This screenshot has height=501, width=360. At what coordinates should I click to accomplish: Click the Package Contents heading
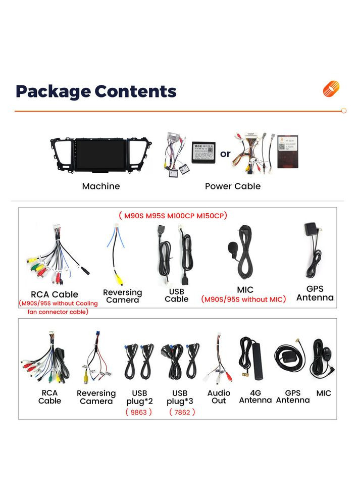(x=96, y=91)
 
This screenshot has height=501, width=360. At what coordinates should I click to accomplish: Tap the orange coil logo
(x=331, y=89)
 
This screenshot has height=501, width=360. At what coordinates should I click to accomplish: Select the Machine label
(x=101, y=186)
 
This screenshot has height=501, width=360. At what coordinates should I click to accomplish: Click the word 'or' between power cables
(x=225, y=153)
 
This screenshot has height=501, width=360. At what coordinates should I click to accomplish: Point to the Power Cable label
(x=233, y=186)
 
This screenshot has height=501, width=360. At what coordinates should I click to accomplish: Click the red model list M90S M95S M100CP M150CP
(x=173, y=216)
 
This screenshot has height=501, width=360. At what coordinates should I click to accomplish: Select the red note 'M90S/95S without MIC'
(x=243, y=299)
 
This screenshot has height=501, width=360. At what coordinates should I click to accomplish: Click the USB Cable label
(x=177, y=295)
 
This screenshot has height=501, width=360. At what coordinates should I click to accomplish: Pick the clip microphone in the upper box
(x=234, y=248)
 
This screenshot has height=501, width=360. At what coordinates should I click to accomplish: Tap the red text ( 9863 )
(x=139, y=412)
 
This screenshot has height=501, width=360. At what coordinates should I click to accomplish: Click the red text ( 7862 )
(x=182, y=412)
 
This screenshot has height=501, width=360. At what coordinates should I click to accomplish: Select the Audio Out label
(x=219, y=397)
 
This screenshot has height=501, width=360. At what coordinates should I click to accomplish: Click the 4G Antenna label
(x=255, y=396)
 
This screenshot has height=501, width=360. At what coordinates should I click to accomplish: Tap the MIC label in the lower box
(x=324, y=393)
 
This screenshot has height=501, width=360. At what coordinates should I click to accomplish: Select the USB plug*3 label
(x=180, y=397)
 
